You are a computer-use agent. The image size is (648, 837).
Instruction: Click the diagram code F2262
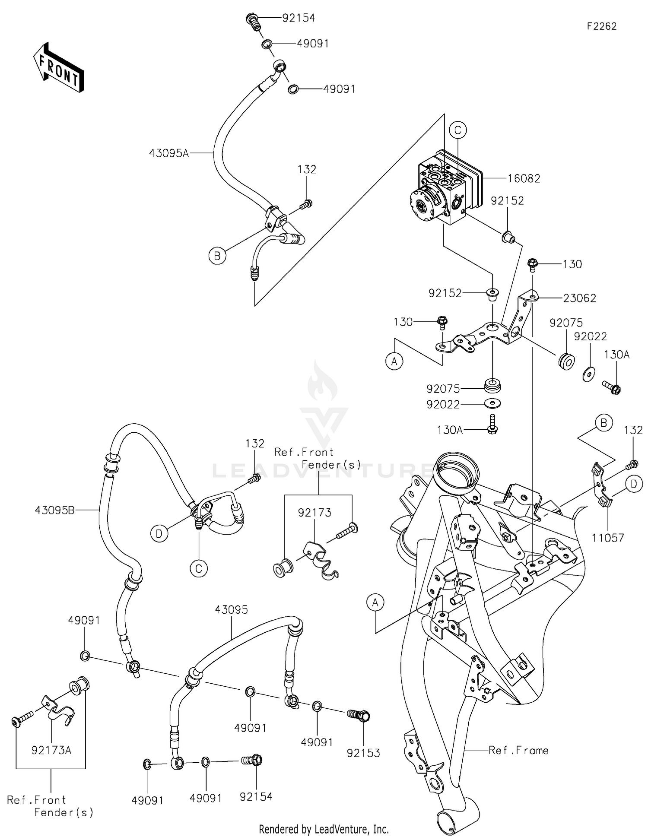pyautogui.click(x=601, y=26)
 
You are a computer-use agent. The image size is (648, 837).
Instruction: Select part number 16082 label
pyautogui.click(x=524, y=178)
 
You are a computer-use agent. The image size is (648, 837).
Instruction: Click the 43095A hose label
pyautogui.click(x=169, y=153)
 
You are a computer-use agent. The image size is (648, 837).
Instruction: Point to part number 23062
pyautogui.click(x=579, y=298)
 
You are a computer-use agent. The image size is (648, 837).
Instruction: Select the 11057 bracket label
pyautogui.click(x=608, y=538)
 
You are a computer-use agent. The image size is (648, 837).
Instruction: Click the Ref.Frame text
pyautogui.click(x=518, y=750)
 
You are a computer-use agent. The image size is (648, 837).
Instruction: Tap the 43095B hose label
pyautogui.click(x=54, y=510)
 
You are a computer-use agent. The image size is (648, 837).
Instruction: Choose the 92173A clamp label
pyautogui.click(x=51, y=750)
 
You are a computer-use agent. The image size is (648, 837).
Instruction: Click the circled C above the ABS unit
pyautogui.click(x=458, y=130)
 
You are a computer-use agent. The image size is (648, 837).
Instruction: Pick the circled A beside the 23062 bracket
pyautogui.click(x=394, y=361)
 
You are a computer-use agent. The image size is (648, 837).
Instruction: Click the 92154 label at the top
pyautogui.click(x=299, y=18)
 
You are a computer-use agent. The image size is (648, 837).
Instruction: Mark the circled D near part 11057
pyautogui.click(x=633, y=485)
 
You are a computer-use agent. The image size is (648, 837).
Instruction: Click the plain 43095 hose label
pyautogui.click(x=232, y=609)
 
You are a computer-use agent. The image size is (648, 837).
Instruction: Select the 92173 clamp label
pyautogui.click(x=314, y=513)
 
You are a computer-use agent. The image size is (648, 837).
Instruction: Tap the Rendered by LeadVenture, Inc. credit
pyautogui.click(x=324, y=829)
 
